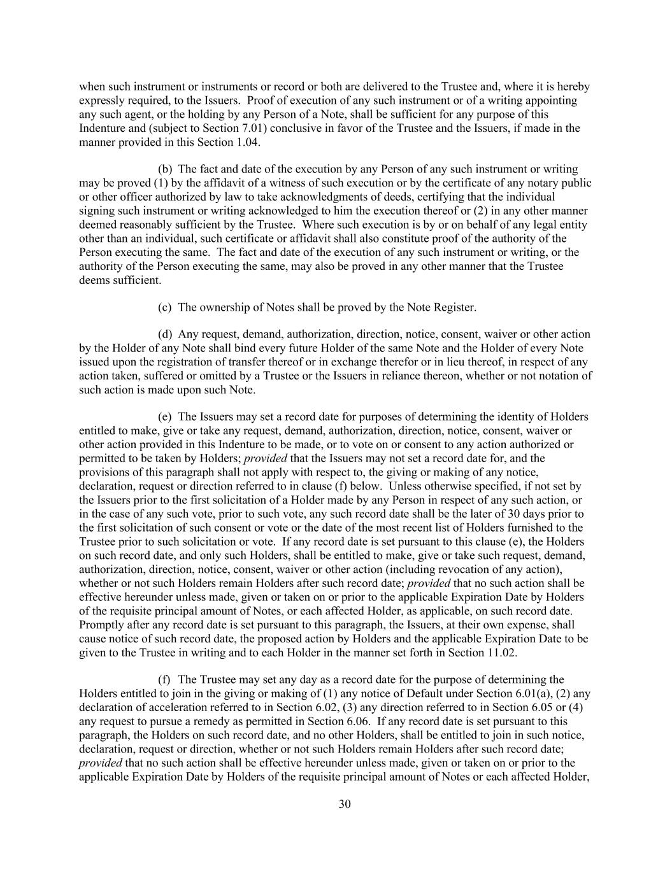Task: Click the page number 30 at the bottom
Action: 345,804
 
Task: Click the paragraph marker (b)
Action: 165,169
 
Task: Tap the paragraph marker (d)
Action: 165,334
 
